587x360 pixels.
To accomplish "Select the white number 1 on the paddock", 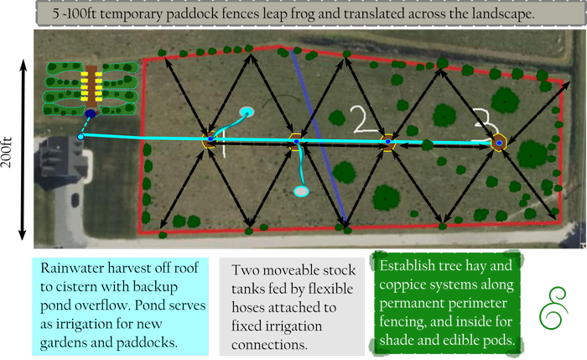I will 221,143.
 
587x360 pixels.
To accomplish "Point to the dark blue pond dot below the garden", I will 89,114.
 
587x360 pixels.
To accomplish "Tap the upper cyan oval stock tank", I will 247,112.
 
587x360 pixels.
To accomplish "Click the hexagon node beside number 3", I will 499,143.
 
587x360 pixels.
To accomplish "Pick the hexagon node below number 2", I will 387,143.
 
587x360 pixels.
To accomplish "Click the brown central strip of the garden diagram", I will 90,84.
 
